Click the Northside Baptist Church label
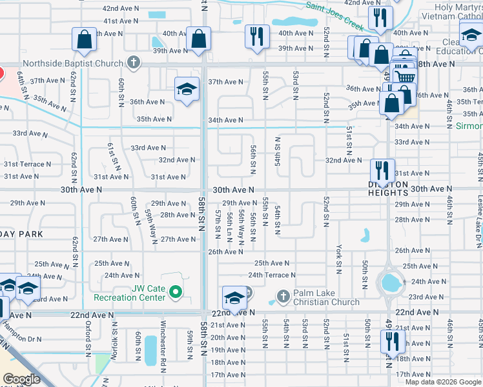[x=72, y=63]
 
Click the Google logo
[x=21, y=379]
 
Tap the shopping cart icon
[x=404, y=75]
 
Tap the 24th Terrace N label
[x=272, y=275]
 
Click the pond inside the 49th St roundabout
[x=391, y=282]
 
